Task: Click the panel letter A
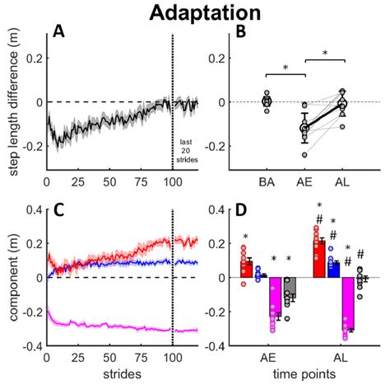pyautogui.click(x=58, y=32)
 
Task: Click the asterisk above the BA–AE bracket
pyautogui.click(x=286, y=68)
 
